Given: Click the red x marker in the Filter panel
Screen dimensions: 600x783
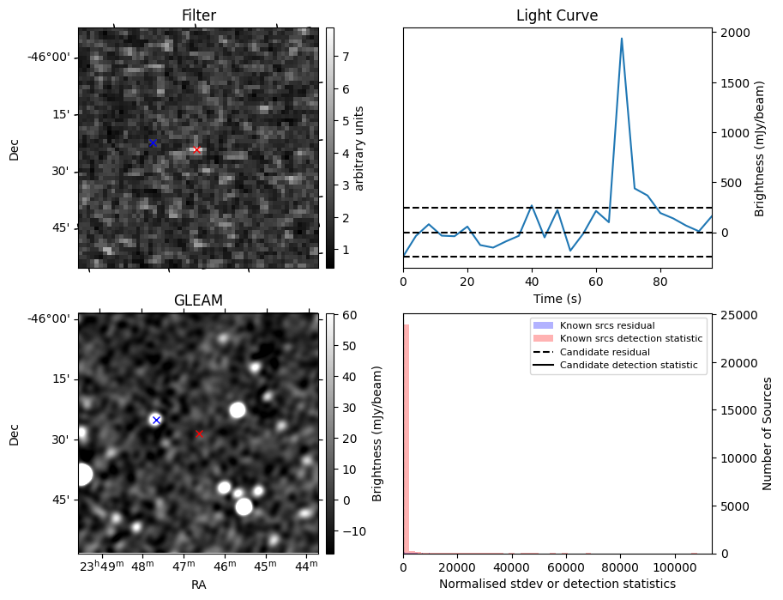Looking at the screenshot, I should point(196,149).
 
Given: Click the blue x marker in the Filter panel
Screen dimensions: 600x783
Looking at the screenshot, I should point(153,142).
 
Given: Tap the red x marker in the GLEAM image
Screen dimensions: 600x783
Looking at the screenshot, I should point(200,433).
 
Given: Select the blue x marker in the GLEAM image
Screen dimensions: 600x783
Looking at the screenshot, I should point(156,420).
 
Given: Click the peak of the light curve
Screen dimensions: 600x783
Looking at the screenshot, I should point(621,39).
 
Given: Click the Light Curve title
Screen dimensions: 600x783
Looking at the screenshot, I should point(557,15).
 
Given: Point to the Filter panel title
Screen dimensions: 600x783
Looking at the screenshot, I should point(198,15).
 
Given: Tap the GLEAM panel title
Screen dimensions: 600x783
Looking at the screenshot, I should point(198,300).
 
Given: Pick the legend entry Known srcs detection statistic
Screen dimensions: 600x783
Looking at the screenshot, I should point(631,338).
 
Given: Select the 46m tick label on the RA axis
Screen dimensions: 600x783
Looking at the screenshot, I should point(225,567).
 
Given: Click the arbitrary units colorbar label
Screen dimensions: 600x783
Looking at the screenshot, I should point(359,148).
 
